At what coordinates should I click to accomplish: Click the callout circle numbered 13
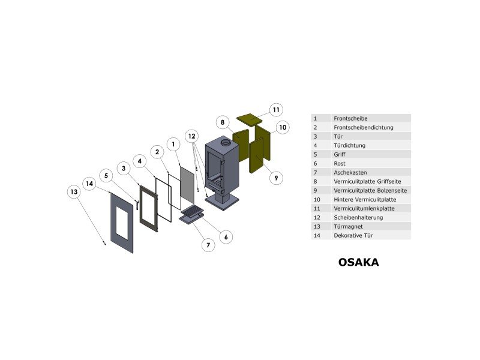[74, 192]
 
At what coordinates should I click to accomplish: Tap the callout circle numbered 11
[276, 110]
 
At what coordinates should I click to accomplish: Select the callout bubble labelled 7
[208, 245]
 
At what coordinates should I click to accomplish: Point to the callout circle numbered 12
[191, 136]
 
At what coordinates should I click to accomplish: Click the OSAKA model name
[358, 262]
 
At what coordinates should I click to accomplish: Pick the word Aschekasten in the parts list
[350, 173]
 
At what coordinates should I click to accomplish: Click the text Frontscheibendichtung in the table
[364, 127]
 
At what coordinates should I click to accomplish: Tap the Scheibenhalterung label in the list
[358, 218]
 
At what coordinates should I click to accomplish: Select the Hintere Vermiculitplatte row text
[365, 200]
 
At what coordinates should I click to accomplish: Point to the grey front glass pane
[187, 185]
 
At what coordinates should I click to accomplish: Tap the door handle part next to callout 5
[137, 205]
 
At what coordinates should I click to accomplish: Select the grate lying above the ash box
[192, 211]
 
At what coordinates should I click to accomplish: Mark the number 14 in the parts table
[317, 236]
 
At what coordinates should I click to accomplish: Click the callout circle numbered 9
[276, 178]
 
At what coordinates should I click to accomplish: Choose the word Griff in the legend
[340, 155]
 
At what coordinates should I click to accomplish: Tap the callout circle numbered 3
[124, 169]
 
